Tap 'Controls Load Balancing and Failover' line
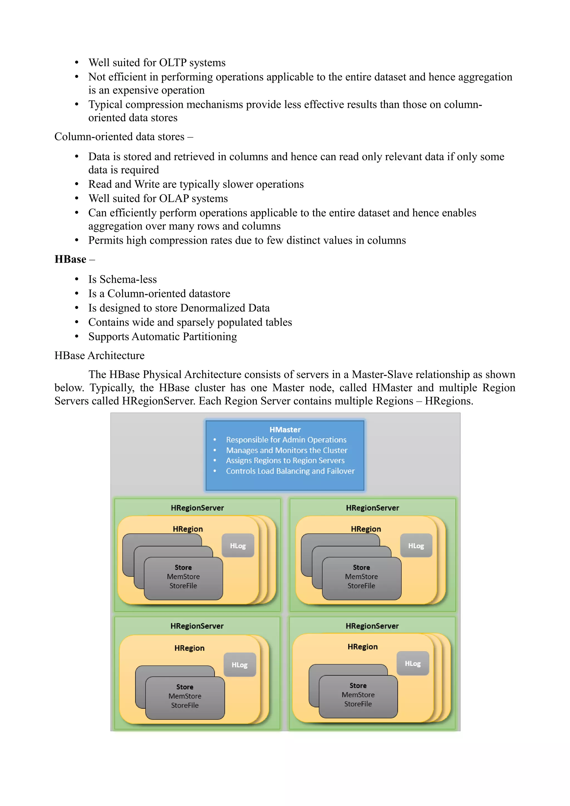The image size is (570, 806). pos(290,471)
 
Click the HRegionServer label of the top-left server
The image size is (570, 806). pos(197,508)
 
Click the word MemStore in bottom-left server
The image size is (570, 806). pos(185,696)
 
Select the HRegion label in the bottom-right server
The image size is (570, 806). pos(362,646)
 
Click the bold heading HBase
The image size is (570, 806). pos(70,259)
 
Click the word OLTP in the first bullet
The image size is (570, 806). pos(173,63)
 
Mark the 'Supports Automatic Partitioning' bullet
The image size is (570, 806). pos(162,336)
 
